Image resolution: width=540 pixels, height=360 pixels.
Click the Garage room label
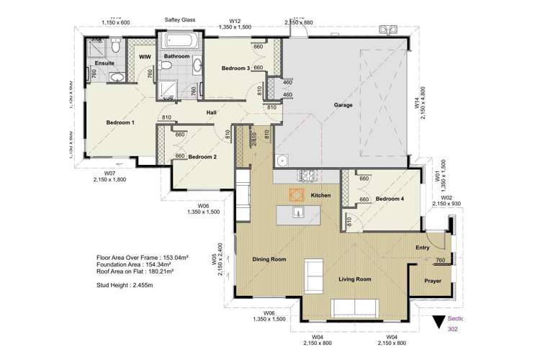343,104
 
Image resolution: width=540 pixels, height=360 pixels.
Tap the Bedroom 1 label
120,122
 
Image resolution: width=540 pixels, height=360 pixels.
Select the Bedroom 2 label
203,156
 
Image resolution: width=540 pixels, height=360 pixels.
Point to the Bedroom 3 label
235,68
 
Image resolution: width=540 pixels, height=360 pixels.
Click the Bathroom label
176,56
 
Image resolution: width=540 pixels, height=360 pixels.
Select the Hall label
212,112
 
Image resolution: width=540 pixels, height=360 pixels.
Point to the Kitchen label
320,196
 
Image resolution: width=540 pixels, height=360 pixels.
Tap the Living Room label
355,279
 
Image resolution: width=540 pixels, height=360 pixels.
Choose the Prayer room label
432,282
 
